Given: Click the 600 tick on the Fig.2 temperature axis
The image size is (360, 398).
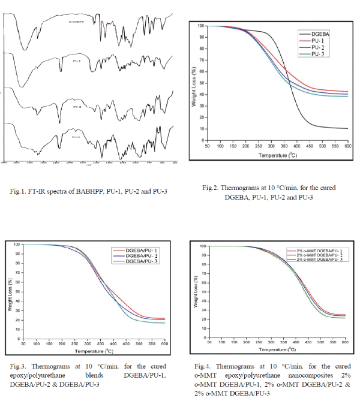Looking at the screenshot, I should coord(347,146).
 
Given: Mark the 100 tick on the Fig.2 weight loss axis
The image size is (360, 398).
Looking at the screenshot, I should coord(200,26).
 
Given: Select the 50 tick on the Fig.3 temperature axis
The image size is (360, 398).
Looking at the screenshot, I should coord(23,343).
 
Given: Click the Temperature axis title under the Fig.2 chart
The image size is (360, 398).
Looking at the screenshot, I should coord(275,155).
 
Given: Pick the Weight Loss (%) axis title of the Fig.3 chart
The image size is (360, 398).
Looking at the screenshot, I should coord(10,294).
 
